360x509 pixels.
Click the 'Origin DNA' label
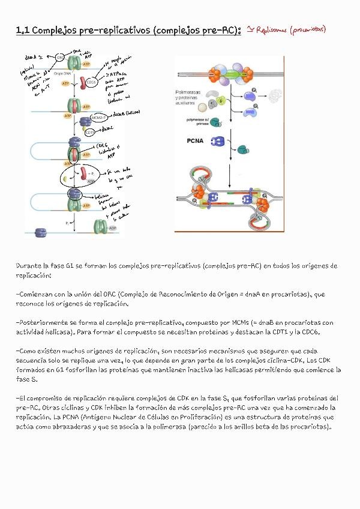pyautogui.click(x=63, y=73)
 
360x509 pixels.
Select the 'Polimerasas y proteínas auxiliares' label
pyautogui.click(x=192, y=98)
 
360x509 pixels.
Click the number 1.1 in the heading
pyautogui.click(x=22, y=30)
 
